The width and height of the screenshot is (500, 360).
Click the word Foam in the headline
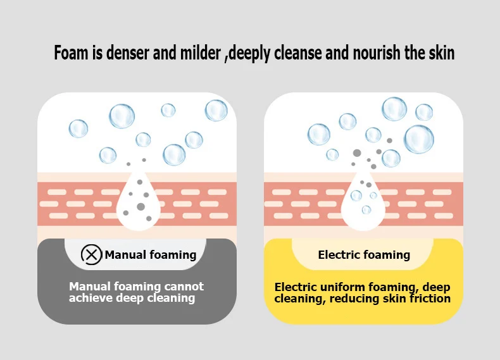pyautogui.click(x=71, y=53)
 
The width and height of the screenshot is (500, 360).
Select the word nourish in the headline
pyautogui.click(x=377, y=53)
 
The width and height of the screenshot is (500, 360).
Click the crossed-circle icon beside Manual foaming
pyautogui.click(x=92, y=255)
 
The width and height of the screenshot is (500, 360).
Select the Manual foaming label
pyautogui.click(x=151, y=255)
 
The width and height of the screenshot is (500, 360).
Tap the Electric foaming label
pyautogui.click(x=364, y=255)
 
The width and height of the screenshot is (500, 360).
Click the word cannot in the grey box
pyautogui.click(x=184, y=287)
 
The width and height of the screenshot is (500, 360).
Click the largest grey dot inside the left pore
pyautogui.click(x=141, y=207)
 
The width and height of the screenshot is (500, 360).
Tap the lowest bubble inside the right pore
pyautogui.click(x=366, y=210)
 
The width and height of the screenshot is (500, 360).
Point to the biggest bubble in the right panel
pyautogui.click(x=419, y=139)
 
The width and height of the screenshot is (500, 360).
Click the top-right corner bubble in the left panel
pyautogui.click(x=216, y=111)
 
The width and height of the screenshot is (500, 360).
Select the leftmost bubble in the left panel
pyautogui.click(x=78, y=128)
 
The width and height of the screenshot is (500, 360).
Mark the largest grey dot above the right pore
pyautogui.click(x=357, y=153)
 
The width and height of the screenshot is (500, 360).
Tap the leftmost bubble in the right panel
pyautogui.click(x=318, y=134)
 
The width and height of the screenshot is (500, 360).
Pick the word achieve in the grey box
pyautogui.click(x=91, y=298)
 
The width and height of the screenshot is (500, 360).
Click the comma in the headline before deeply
pyautogui.click(x=226, y=59)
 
